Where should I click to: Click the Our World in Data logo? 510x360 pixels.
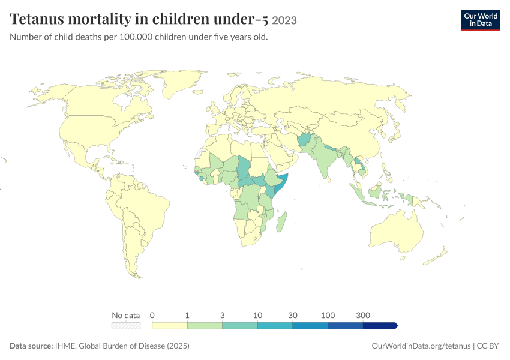[x=481, y=20]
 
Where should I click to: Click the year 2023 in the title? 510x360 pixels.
[x=284, y=20]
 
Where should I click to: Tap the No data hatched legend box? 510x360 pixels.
[x=126, y=326]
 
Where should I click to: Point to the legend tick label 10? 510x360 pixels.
[x=257, y=315]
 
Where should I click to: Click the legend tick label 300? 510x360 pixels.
[x=363, y=315]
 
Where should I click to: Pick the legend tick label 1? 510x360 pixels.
[x=187, y=315]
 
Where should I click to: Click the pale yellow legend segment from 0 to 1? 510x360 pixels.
[x=169, y=326]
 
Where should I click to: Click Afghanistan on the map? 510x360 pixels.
[x=304, y=140]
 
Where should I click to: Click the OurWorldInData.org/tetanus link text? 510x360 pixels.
[x=421, y=346]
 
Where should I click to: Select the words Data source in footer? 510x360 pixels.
[x=31, y=346]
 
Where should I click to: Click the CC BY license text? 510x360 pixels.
[x=488, y=346]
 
